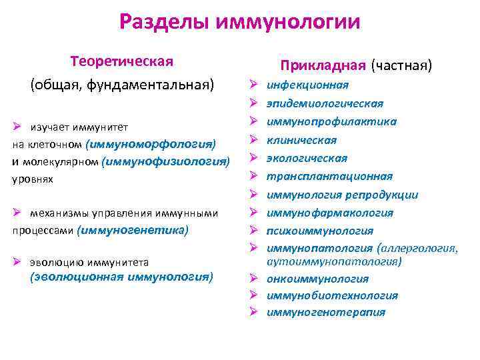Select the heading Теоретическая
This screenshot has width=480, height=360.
pos(122,61)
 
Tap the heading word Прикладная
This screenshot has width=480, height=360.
pos(323,65)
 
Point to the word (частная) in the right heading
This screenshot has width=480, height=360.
pos(402,65)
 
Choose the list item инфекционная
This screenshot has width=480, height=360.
pos(307,85)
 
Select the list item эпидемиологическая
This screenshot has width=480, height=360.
pos(325,103)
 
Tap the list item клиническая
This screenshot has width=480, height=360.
pos(301,140)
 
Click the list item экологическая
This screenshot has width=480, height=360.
pos(307,158)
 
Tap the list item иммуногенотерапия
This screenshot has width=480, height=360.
pos(325,312)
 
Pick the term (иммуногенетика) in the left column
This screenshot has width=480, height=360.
pos(133,230)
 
